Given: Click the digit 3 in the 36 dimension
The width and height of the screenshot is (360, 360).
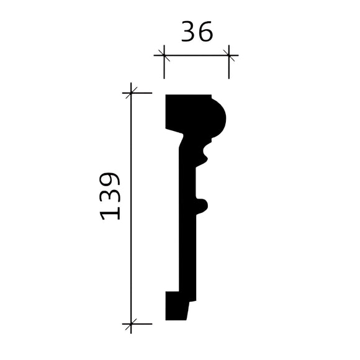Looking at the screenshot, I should [188, 31].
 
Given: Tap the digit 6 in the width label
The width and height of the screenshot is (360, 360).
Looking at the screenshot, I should [205, 31].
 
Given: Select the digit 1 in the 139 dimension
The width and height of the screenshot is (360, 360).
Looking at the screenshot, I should [110, 213].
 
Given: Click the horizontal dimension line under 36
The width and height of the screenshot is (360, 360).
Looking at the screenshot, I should [196, 55].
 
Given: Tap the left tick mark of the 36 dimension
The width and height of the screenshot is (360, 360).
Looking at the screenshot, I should [164, 55].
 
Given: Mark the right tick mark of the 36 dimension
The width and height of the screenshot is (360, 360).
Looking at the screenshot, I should [229, 55].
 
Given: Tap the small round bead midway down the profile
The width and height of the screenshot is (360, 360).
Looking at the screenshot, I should [202, 204].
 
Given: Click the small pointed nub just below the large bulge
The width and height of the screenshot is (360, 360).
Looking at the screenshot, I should [204, 151].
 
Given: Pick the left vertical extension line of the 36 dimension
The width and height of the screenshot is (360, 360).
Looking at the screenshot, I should [164, 70].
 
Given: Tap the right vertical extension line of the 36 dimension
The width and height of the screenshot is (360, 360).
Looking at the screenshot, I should [229, 70].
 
